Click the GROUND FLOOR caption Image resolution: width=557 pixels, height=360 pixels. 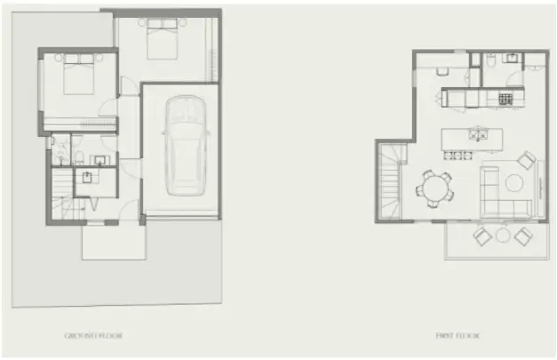(x=93, y=336)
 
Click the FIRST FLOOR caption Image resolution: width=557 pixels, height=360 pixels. (x=457, y=336)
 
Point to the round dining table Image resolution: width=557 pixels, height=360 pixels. (x=435, y=188)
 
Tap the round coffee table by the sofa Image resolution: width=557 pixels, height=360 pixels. (x=514, y=182)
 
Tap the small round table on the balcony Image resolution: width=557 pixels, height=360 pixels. (x=504, y=236)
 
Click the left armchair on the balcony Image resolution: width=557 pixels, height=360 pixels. (x=483, y=236)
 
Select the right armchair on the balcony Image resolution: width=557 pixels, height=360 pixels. (x=523, y=236)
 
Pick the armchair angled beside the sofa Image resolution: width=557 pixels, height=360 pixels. (x=527, y=161)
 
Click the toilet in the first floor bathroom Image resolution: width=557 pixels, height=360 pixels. (x=490, y=62)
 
